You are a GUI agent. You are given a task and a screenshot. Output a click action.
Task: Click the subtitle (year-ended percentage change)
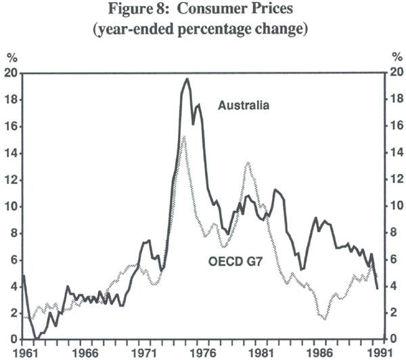click(203, 30)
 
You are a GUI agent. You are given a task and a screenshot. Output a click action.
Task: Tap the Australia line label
click(244, 106)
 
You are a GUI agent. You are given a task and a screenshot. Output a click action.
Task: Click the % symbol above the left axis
click(11, 58)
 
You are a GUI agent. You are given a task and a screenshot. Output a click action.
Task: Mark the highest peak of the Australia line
click(187, 79)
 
